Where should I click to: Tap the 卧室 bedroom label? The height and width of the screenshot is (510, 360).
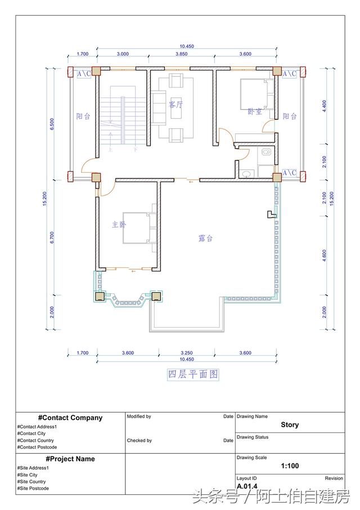pyautogui.click(x=254, y=111)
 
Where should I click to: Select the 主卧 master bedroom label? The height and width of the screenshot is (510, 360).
pyautogui.click(x=119, y=224)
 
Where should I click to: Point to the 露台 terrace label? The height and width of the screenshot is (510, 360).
pyautogui.click(x=205, y=238)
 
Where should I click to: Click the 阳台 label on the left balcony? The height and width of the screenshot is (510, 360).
pyautogui.click(x=83, y=117)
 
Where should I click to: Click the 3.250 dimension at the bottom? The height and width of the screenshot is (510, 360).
pyautogui.click(x=186, y=352)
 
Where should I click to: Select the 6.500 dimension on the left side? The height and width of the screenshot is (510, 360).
pyautogui.click(x=52, y=124)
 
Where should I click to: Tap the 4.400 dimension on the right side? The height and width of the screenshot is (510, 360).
pyautogui.click(x=324, y=106)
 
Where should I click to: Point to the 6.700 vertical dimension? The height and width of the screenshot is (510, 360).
pyautogui.click(x=52, y=238)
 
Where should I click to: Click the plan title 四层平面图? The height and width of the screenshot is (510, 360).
pyautogui.click(x=193, y=374)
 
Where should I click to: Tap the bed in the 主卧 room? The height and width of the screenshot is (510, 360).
pyautogui.click(x=138, y=227)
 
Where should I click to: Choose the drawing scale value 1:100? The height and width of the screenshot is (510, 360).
pyautogui.click(x=289, y=466)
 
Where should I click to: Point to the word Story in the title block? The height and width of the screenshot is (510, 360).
pyautogui.click(x=290, y=425)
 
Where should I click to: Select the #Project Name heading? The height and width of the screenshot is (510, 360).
pyautogui.click(x=70, y=459)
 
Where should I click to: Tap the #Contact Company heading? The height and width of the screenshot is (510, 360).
pyautogui.click(x=70, y=418)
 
